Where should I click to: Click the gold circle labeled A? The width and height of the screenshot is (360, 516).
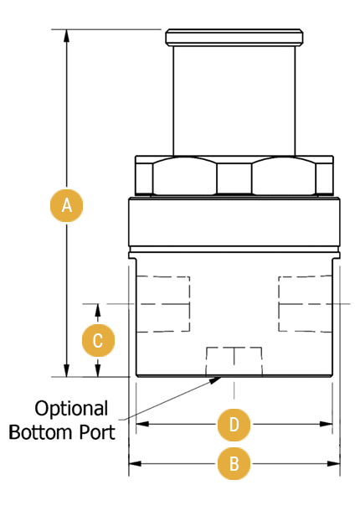pos(66,205)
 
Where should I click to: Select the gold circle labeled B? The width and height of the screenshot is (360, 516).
pos(234,463)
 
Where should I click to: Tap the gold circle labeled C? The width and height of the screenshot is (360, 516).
pos(98,340)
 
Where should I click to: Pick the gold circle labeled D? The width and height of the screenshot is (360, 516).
pos(234,425)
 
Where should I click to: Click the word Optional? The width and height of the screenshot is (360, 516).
pos(71,410)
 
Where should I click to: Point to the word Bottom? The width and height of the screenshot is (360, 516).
pos(40,432)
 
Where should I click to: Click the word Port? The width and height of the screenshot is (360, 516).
pos(97,432)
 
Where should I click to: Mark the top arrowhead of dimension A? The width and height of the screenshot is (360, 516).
pos(67,36)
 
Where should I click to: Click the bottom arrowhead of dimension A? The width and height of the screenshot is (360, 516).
pos(67,370)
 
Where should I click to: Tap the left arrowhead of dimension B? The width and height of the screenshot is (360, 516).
pos(135,464)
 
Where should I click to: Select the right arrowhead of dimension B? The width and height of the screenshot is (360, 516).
pos(333,464)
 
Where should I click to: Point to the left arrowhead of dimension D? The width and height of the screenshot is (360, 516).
pos(142,424)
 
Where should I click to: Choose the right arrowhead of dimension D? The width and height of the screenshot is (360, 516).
pos(327,424)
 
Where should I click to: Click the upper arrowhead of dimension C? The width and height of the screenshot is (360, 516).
pos(98,310)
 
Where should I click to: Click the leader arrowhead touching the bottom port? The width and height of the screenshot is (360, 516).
pos(216,380)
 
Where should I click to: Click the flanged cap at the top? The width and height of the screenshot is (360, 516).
pos(234,38)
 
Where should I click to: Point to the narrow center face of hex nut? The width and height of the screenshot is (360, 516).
pos(234,178)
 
